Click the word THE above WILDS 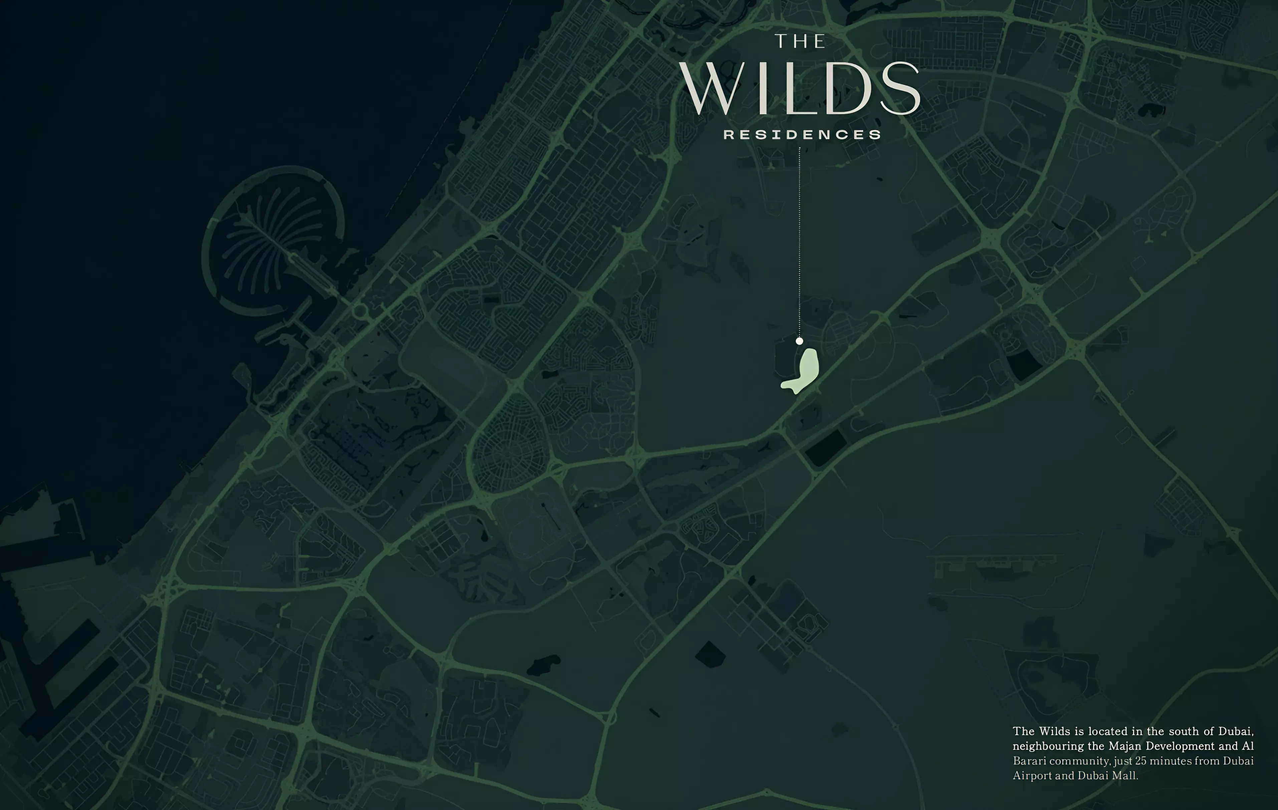click(x=800, y=41)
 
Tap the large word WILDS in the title click(x=801, y=89)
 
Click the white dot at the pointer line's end click(x=799, y=341)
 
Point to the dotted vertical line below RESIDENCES click(x=799, y=239)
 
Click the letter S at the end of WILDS click(x=900, y=89)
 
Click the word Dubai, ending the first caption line click(x=1236, y=731)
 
